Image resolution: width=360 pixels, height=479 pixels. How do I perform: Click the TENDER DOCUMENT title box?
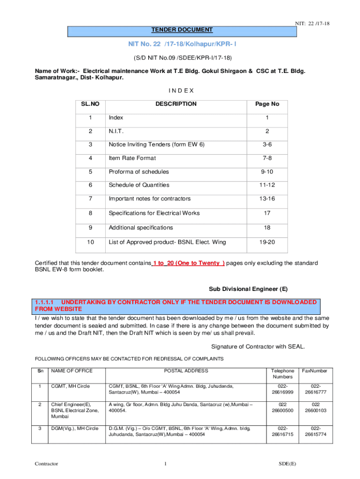(182, 30)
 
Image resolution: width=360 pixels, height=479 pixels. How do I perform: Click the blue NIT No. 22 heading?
(182, 44)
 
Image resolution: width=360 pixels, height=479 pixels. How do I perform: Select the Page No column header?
(267, 104)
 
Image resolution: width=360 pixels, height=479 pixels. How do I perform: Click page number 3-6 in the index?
(267, 145)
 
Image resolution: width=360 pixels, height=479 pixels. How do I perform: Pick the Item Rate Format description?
(132, 159)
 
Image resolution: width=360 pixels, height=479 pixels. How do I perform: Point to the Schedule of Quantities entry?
(139, 185)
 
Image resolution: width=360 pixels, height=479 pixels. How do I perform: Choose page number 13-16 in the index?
(267, 199)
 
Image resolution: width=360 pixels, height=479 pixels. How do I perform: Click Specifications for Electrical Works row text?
(154, 213)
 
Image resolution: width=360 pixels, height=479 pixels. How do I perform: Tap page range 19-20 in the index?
(267, 242)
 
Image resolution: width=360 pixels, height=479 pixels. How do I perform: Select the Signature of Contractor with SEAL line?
(258, 347)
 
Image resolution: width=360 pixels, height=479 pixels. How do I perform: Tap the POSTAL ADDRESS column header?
(186, 371)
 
